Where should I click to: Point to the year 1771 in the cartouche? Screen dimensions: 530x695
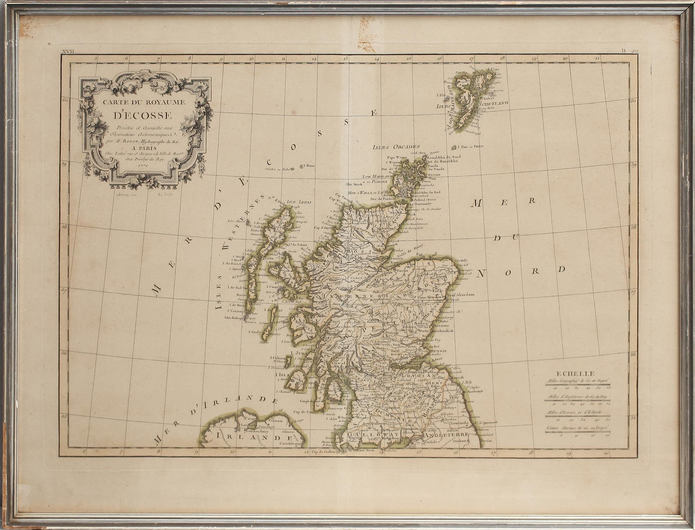click(142, 166)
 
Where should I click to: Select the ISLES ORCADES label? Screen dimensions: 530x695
click(396, 147)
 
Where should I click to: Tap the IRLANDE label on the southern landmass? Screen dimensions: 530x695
click(253, 437)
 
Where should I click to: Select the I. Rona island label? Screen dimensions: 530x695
click(309, 166)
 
